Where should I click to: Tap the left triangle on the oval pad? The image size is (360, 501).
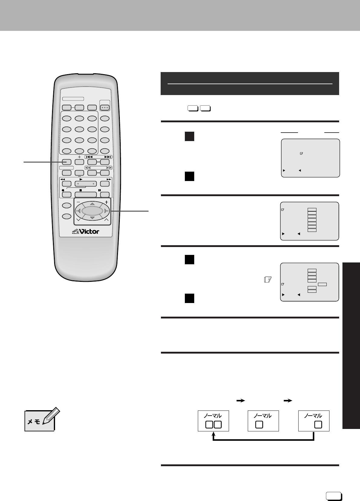79,211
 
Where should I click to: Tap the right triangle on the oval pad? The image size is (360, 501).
106,211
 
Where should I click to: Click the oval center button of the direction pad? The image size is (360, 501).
92,211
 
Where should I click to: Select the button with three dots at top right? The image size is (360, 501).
105,107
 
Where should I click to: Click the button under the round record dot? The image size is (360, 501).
67,195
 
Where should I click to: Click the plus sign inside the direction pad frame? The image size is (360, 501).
106,202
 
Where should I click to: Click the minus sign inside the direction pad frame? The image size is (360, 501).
78,202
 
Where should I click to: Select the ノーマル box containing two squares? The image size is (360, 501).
213,421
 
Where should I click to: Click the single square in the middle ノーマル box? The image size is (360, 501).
259,425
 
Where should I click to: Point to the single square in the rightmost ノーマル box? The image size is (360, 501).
318,425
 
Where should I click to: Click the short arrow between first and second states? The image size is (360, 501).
240,400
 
